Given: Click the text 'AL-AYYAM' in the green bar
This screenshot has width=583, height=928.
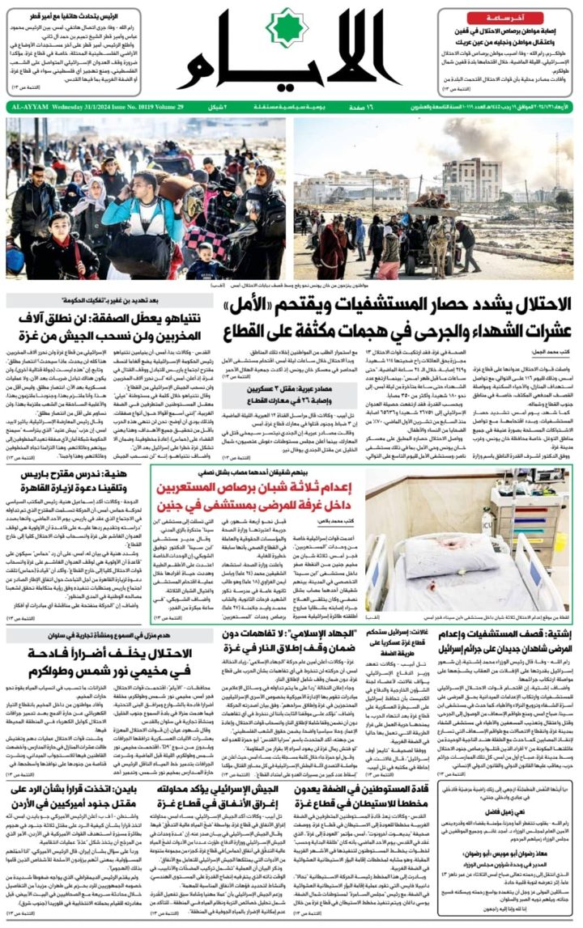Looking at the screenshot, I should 28,106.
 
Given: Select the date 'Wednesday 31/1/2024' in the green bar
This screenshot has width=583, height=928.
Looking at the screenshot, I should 86,106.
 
